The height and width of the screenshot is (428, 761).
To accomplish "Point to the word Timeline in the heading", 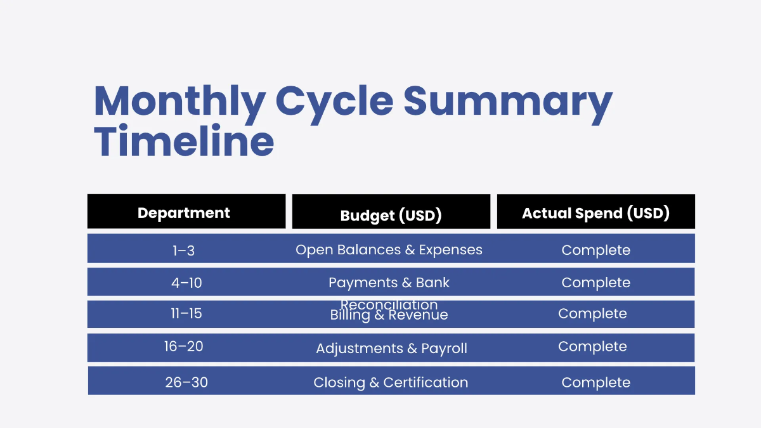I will coord(184,141).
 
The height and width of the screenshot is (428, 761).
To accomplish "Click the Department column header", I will coord(184,213).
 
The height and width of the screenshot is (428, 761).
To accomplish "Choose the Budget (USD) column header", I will coord(391,215).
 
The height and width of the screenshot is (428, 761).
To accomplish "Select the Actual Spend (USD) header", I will coord(595,213).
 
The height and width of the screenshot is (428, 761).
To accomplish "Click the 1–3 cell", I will coord(183,250).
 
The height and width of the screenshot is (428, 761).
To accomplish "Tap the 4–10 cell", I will coord(186,283).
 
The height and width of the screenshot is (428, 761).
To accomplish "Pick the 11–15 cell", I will coord(186,314).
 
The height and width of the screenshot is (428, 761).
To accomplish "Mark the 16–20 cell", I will coord(184,347).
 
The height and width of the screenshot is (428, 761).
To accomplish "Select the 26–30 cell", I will coord(186,382).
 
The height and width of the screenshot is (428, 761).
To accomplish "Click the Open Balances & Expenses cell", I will coord(389,250).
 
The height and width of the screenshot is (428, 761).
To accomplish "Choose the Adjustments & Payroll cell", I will coord(391,348).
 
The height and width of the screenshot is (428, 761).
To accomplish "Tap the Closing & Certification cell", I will coord(391,382).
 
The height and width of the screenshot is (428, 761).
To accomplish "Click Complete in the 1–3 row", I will coord(595,250).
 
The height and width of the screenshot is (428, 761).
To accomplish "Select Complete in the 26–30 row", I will coord(595,382).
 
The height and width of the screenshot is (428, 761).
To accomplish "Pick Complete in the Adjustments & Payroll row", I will coord(592,347).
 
